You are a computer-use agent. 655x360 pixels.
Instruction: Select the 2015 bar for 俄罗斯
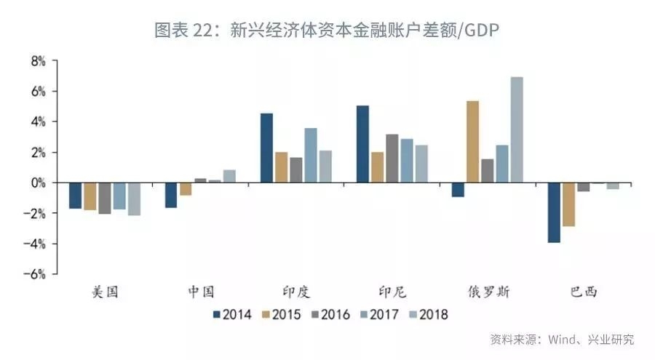(x=472, y=142)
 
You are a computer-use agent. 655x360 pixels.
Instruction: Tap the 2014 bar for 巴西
(x=554, y=212)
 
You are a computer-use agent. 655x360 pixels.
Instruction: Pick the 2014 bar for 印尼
(x=362, y=144)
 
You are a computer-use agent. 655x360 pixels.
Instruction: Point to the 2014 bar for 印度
(x=266, y=148)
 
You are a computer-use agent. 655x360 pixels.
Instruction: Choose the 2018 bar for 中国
(x=229, y=176)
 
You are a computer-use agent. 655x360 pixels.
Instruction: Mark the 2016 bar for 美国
(x=105, y=198)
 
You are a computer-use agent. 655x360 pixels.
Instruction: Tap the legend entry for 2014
(x=232, y=315)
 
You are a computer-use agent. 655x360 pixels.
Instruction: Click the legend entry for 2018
(x=428, y=315)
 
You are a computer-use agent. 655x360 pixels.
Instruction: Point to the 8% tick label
(x=38, y=62)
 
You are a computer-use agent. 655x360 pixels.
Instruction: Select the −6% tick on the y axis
(x=36, y=274)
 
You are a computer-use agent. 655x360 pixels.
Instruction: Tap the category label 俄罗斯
(x=488, y=292)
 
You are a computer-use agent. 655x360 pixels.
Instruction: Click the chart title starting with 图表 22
(x=327, y=30)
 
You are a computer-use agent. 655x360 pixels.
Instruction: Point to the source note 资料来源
(x=561, y=340)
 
